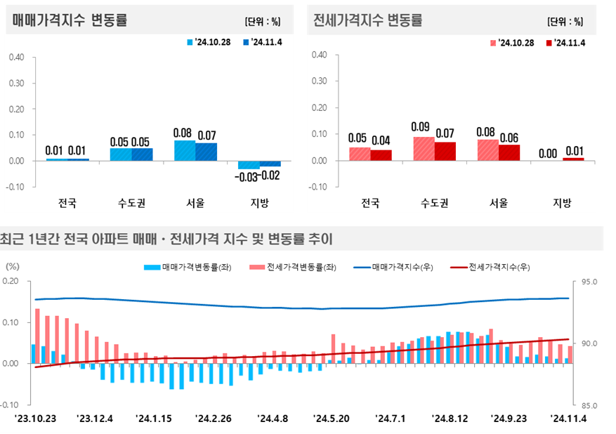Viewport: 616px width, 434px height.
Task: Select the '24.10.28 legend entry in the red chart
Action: pos(511,43)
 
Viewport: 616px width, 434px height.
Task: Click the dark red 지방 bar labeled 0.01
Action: pos(573,159)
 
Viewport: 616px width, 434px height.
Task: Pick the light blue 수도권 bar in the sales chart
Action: pos(120,154)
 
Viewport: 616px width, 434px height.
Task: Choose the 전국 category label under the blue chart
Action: pos(67,204)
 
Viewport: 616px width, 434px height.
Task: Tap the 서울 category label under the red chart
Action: pos(498,204)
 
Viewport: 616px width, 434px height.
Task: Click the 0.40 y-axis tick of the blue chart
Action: pos(18,57)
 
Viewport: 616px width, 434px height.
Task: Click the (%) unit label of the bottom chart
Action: pos(13,267)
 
